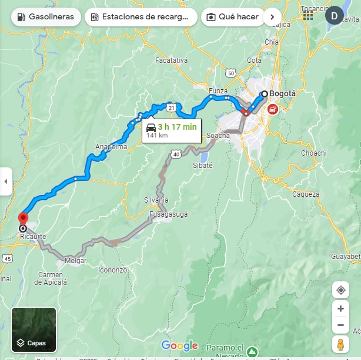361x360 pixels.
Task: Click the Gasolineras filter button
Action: [45, 16]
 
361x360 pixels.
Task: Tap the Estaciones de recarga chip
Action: [141, 16]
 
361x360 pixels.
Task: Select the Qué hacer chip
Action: [232, 16]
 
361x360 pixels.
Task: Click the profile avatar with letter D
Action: [335, 15]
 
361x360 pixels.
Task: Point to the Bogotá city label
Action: [283, 93]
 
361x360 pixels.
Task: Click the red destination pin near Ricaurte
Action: [23, 218]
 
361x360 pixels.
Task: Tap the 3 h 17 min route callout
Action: [172, 130]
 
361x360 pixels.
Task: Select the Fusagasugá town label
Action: [169, 214]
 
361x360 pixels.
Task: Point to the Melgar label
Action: [75, 260]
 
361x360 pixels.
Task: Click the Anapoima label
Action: [111, 147]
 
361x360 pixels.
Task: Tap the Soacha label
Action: [218, 136]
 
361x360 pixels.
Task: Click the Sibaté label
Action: [203, 166]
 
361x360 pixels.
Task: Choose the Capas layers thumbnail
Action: [34, 329]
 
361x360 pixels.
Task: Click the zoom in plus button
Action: [340, 308]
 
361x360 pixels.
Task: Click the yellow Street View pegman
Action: [340, 345]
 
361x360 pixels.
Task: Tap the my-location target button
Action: [340, 290]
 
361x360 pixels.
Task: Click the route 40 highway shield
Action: [176, 154]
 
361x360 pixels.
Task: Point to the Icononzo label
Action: [112, 270]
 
